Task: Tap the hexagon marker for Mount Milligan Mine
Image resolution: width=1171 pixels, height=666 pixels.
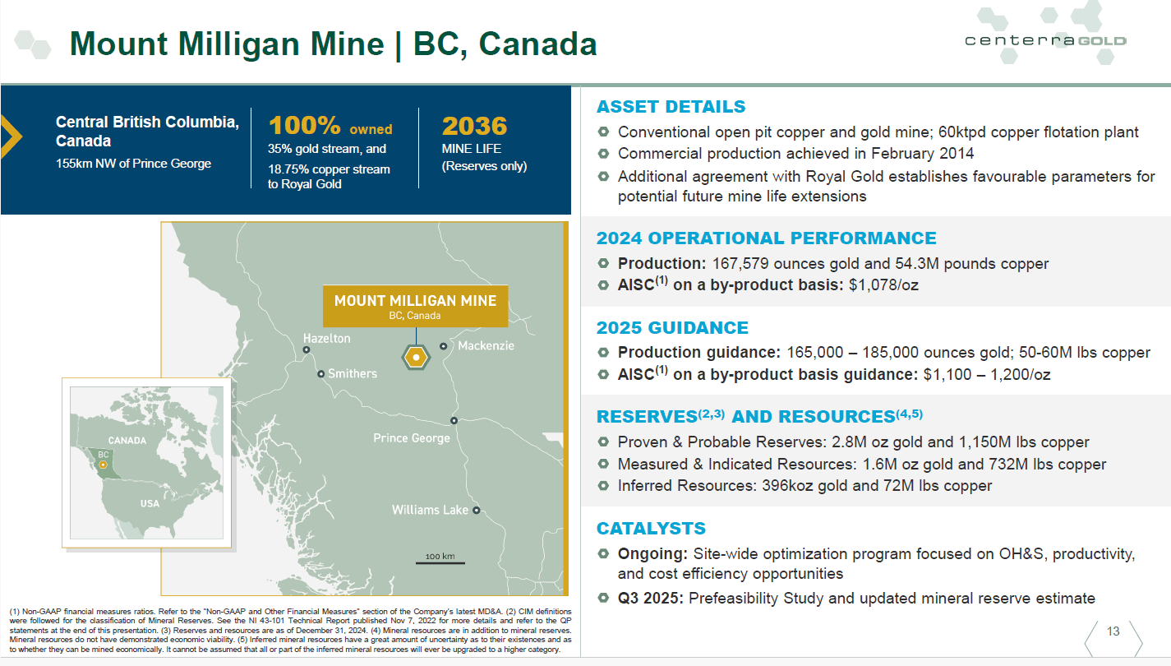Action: click(x=417, y=357)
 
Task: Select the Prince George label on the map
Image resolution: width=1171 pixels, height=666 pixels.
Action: click(x=412, y=437)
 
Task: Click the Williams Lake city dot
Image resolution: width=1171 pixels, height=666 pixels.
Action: click(x=476, y=511)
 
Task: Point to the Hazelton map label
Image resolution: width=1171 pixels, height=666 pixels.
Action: click(x=326, y=338)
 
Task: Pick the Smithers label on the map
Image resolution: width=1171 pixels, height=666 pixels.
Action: click(x=353, y=373)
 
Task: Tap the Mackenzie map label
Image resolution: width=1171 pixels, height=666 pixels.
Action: click(x=486, y=345)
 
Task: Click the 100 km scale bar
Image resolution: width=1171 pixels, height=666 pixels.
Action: click(x=440, y=562)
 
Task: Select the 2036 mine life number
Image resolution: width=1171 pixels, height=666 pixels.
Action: click(x=474, y=126)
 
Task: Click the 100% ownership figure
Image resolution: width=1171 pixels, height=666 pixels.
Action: click(x=304, y=126)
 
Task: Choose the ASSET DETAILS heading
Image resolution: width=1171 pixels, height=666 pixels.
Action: click(x=671, y=107)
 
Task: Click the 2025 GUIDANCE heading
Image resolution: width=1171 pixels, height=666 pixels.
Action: click(x=672, y=328)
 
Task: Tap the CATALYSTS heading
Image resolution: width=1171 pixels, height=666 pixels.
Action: click(x=651, y=528)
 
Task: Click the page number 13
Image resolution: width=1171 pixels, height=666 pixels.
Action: click(x=1113, y=631)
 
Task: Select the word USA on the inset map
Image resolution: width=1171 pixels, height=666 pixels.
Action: click(x=150, y=503)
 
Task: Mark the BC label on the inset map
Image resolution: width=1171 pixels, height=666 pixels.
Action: click(x=104, y=454)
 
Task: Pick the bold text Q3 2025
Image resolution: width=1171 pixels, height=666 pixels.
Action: click(x=651, y=598)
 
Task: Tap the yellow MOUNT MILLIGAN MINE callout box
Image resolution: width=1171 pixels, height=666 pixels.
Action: click(x=415, y=306)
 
